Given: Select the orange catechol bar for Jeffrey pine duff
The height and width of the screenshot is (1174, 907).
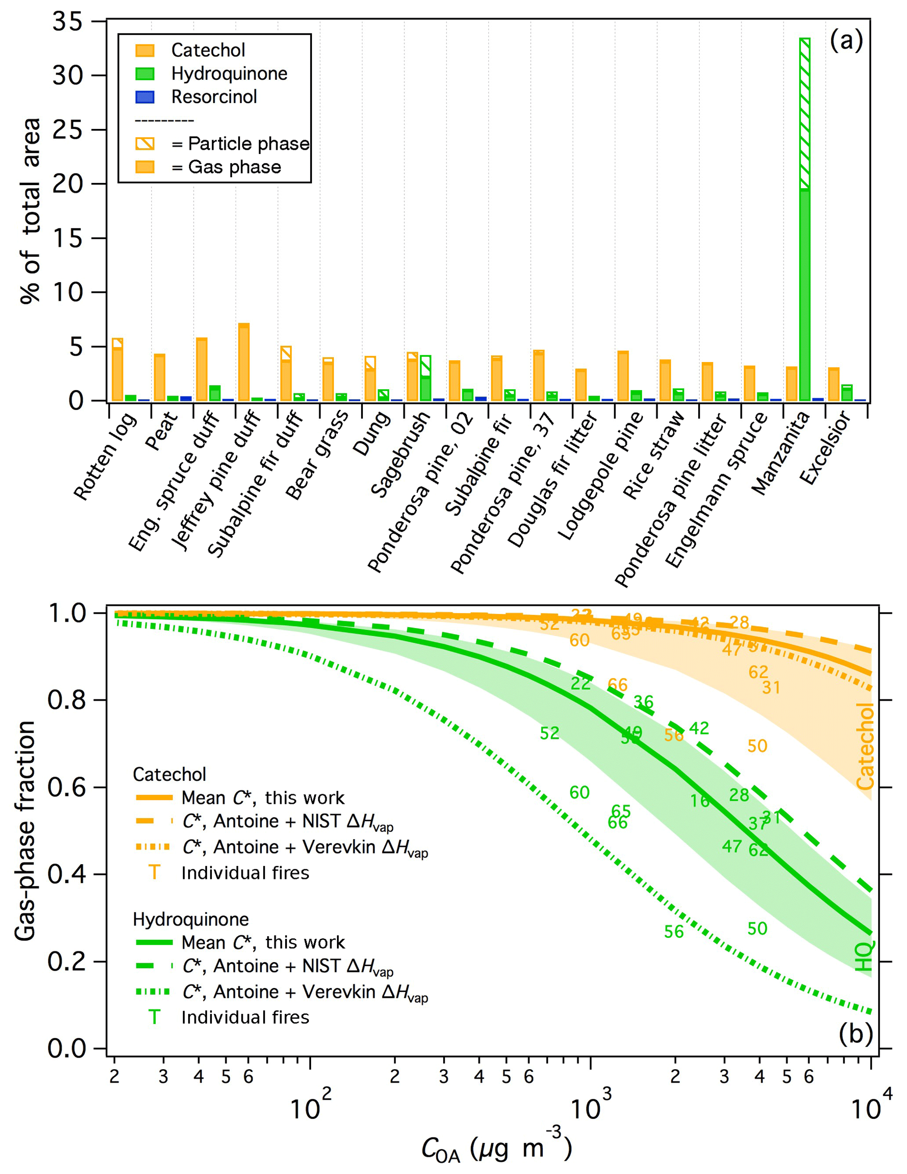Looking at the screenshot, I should click(244, 362).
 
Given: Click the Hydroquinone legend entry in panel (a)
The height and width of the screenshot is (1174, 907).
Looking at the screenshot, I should click(229, 74).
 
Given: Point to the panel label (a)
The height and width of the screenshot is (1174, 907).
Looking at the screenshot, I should click(846, 41).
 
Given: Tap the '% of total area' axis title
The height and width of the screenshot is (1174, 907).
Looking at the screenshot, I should click(31, 211).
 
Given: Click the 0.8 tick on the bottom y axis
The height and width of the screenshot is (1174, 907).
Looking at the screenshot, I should click(68, 700).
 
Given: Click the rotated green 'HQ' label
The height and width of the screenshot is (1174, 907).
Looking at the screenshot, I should click(864, 956).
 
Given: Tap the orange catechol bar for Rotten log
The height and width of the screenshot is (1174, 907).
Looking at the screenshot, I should click(117, 370).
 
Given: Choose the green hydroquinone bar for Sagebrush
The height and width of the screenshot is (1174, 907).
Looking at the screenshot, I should click(425, 379).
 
